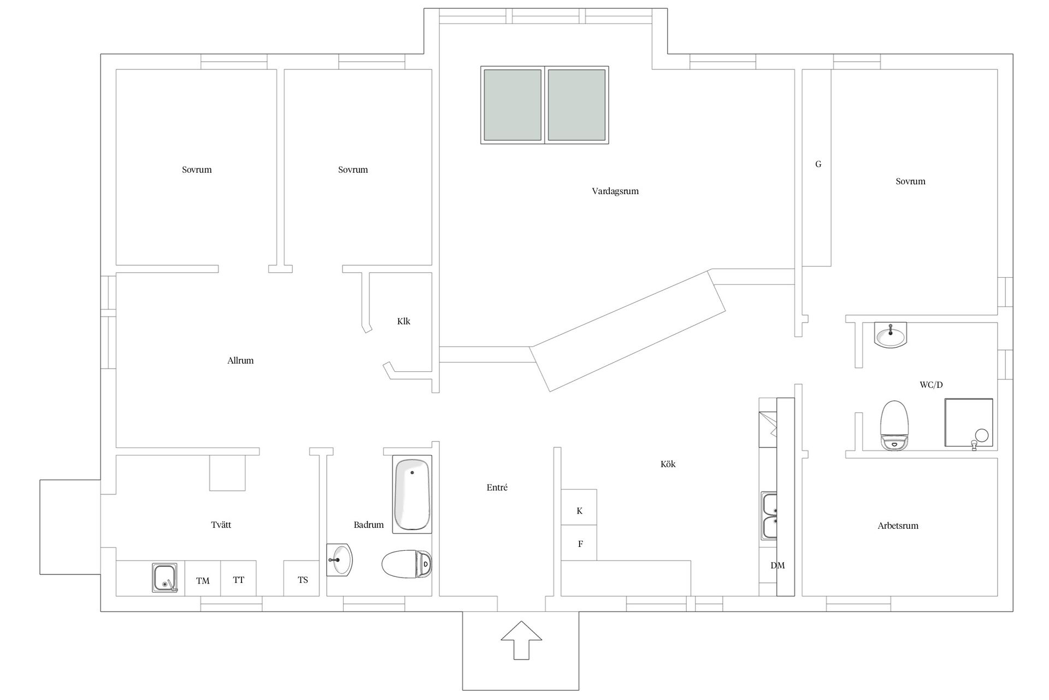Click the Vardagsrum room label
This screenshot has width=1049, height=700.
615,191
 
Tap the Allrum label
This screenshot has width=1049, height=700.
240,360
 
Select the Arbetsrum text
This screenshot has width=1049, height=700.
898,526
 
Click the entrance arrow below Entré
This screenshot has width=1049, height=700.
521,640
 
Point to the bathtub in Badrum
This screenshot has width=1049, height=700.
412,494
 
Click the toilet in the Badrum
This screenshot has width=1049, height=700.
407,564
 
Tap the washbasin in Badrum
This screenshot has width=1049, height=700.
340,559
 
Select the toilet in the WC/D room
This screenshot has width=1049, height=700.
894,425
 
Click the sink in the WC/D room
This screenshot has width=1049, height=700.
891,335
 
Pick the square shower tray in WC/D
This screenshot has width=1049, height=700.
969,423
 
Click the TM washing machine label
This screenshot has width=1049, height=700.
203,581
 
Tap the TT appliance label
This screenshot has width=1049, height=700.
238,580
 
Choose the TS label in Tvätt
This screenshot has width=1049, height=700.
303,580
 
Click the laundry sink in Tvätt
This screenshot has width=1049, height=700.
164,578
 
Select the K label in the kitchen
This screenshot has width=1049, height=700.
579,511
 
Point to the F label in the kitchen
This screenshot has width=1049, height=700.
580,544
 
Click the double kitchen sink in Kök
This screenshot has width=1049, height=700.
769,516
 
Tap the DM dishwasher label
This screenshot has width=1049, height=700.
777,565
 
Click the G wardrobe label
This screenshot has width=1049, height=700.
818,164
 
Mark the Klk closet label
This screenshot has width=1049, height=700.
404,322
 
